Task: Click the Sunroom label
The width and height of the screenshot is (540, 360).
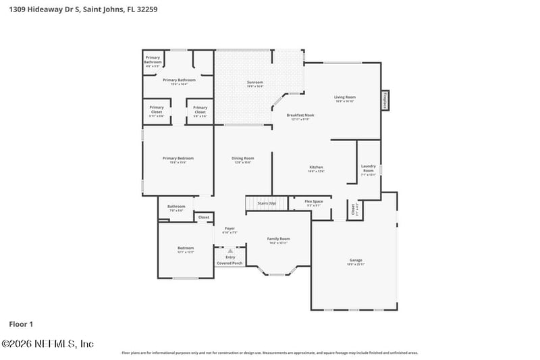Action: click(254, 84)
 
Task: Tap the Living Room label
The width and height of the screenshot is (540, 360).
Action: click(344, 98)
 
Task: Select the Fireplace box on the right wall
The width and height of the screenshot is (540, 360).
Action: click(386, 100)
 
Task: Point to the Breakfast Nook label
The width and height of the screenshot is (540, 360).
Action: click(300, 116)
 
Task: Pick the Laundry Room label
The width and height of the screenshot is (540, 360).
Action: click(368, 169)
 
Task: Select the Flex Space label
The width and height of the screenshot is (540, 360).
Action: click(314, 203)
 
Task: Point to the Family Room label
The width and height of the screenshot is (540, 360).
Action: click(278, 240)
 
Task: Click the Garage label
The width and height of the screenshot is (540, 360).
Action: click(355, 261)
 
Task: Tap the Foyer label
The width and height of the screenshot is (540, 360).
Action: click(230, 230)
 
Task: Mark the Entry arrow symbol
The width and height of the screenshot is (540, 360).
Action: click(230, 250)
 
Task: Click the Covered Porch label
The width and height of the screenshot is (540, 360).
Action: click(230, 263)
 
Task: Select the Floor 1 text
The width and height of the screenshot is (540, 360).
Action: click(21, 324)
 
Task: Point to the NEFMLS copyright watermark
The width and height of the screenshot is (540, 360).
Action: click(47, 343)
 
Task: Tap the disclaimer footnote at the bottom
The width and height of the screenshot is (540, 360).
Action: click(269, 353)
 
